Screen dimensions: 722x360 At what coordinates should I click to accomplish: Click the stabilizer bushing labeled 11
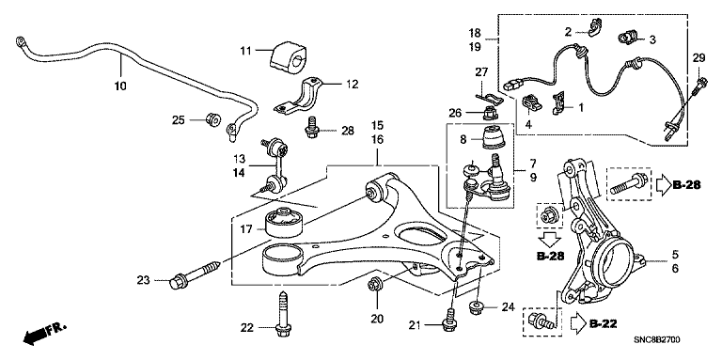coord(289,56)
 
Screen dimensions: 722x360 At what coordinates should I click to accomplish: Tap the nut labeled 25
coord(212,119)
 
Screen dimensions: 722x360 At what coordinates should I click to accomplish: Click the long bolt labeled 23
coord(195,272)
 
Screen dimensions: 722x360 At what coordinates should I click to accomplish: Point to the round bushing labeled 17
coord(284,223)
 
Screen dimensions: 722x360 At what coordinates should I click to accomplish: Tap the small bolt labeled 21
coord(448,320)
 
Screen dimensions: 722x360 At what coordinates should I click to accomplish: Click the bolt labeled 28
coord(312,126)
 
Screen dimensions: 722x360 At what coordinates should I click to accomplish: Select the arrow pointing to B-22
coord(578,323)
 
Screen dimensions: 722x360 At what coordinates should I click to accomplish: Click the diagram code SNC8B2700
coord(656,340)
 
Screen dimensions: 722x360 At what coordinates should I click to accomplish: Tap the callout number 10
coord(120,86)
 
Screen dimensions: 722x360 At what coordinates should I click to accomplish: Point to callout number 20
coord(377,318)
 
